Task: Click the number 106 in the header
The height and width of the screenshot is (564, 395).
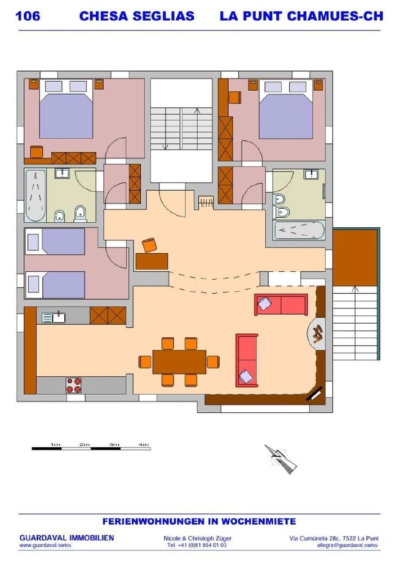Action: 28,16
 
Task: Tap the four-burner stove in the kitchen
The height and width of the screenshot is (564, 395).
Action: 73,385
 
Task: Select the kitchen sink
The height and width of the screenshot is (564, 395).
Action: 54,317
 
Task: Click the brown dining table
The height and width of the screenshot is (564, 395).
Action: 179,362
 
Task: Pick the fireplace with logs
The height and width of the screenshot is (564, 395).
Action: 316,334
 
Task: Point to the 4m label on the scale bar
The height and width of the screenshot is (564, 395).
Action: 144,444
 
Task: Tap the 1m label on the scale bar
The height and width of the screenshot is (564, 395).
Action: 55,444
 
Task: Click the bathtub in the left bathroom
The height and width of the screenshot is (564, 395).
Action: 35,195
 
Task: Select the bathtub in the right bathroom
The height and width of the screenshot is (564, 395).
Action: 299,230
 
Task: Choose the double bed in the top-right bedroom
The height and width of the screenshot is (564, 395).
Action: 286,109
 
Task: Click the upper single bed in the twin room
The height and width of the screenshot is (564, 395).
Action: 55,241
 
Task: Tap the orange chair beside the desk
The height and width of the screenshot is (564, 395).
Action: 149,245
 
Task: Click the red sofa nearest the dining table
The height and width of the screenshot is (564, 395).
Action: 247,360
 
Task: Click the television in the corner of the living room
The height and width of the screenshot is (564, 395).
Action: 314,394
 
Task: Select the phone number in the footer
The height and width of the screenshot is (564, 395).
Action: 197,545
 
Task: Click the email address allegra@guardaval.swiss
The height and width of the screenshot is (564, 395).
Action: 347,545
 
